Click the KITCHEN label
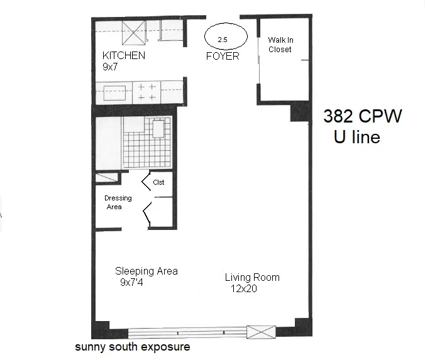[x=124, y=55]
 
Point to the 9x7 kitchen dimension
[x=111, y=66]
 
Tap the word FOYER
[x=223, y=56]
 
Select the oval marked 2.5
[x=223, y=38]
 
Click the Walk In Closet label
[x=280, y=44]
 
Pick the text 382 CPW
[x=362, y=117]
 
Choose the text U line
[x=356, y=137]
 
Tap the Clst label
[x=158, y=182]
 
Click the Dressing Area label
[x=118, y=202]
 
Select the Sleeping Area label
[x=146, y=271]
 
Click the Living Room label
[x=252, y=277]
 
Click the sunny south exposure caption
[x=132, y=346]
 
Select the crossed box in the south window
[x=261, y=332]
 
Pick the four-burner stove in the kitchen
[x=146, y=92]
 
